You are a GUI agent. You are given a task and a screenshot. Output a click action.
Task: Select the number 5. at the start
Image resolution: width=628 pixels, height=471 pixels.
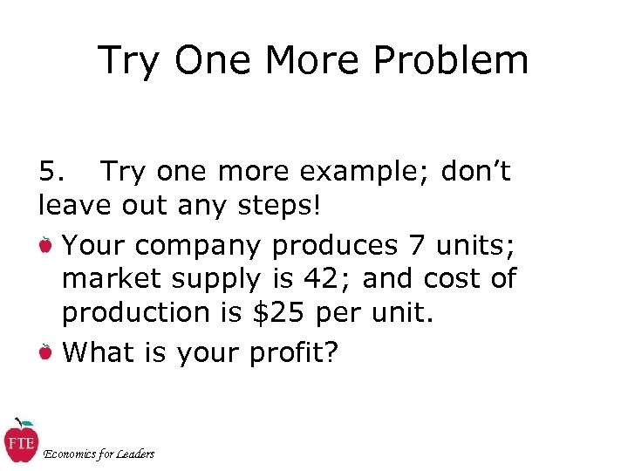coord(52,172)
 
